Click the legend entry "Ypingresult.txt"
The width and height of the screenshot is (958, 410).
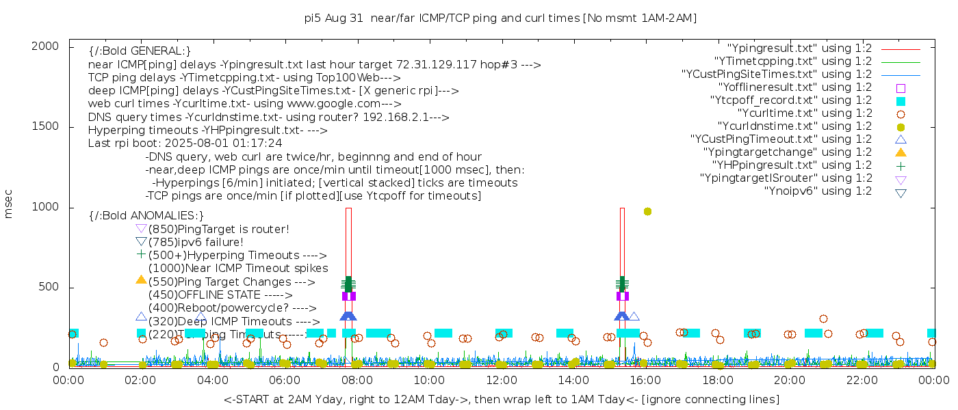[x=799, y=49]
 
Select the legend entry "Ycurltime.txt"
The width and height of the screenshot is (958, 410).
[x=805, y=113]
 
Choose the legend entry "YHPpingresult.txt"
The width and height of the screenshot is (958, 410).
[x=792, y=165]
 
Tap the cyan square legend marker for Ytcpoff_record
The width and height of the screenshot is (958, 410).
[x=901, y=101]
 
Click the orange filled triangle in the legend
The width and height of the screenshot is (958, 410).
[x=901, y=152]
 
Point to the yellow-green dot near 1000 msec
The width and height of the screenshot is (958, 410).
[x=647, y=212]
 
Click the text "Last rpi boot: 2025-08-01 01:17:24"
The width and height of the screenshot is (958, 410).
[x=185, y=143]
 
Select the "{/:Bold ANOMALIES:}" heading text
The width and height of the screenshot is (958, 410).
[x=146, y=216]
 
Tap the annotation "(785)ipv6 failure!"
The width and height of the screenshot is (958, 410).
[x=196, y=243]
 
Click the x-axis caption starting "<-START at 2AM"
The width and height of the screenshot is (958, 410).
[x=501, y=399]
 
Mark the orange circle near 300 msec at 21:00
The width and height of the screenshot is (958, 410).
[x=823, y=318]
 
